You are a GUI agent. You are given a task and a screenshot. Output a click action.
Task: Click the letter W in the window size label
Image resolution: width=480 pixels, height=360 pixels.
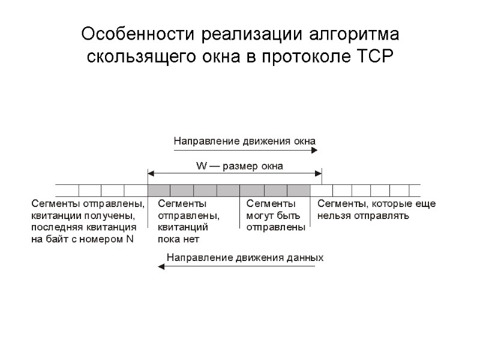coord(202,165)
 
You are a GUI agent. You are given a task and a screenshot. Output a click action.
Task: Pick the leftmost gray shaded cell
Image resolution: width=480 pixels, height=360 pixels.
coord(159,190)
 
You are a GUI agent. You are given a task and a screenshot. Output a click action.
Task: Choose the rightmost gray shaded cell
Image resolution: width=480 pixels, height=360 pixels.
coord(298,190)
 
